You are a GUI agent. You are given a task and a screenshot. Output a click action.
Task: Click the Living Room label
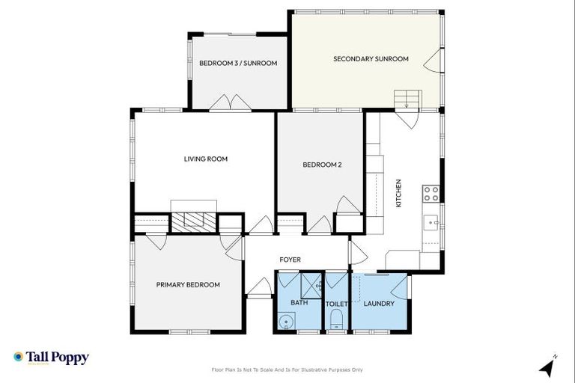(x=206, y=159)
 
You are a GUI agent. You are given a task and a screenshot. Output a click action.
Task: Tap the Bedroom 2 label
(x=322, y=165)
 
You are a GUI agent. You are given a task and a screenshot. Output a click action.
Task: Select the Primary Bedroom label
(x=188, y=284)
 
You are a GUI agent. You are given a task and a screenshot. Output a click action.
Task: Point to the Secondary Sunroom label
(x=371, y=58)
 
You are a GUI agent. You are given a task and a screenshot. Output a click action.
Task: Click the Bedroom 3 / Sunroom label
(x=238, y=63)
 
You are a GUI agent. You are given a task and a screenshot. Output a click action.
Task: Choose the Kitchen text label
(x=399, y=193)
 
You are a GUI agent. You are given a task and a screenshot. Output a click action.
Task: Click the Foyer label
(x=290, y=260)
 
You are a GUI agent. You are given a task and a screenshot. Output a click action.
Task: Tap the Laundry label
(x=379, y=304)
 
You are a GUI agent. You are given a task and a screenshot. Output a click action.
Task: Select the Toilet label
(x=336, y=304)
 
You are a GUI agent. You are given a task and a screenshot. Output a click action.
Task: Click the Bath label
(x=299, y=303)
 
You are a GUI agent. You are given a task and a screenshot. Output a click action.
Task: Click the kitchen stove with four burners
(x=431, y=194)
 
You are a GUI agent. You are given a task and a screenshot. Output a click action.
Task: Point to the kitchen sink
(x=432, y=222)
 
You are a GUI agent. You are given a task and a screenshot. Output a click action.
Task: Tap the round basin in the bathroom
(x=285, y=322)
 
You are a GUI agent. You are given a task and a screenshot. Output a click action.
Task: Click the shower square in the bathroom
(x=311, y=285)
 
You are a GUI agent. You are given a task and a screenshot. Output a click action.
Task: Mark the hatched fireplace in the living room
(x=194, y=221)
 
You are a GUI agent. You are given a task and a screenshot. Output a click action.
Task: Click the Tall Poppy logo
(x=51, y=358)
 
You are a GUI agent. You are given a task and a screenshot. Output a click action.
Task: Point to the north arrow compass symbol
(x=548, y=367)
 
